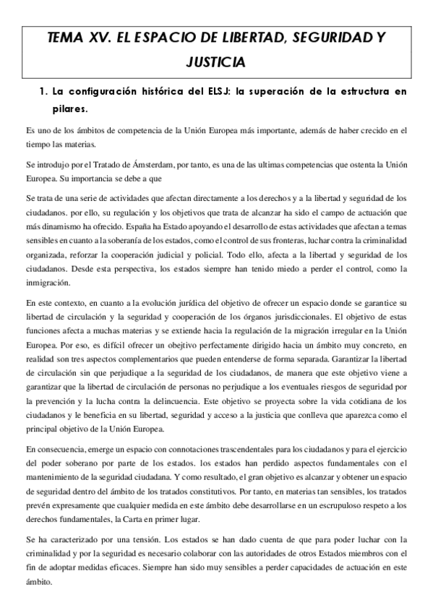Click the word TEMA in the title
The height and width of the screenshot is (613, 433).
tap(64, 40)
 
